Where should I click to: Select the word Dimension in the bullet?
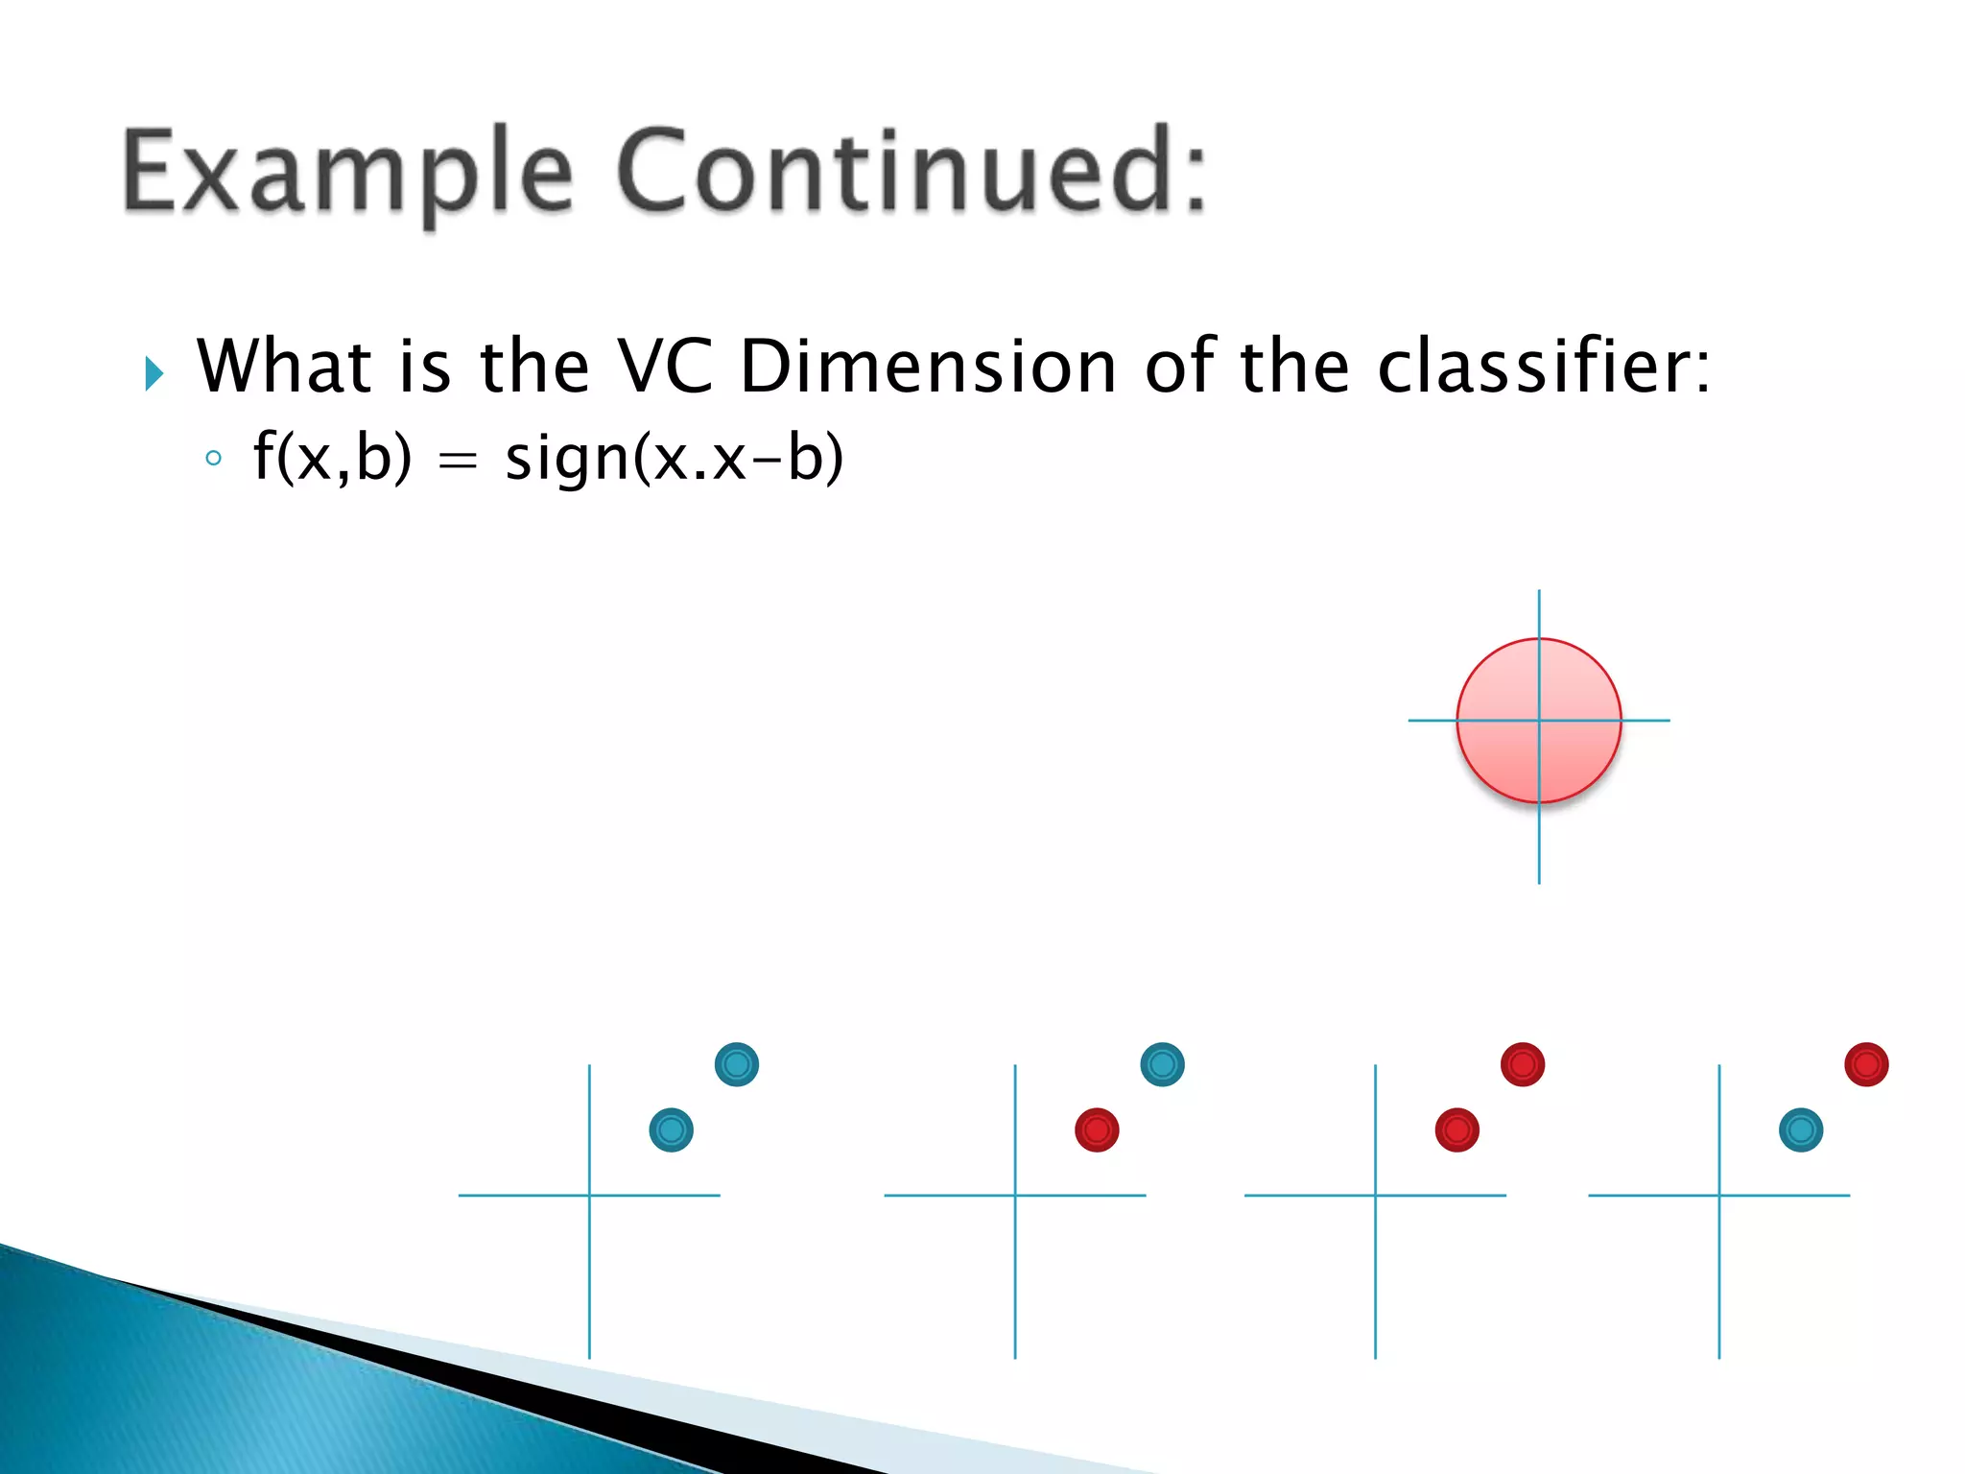pos(929,367)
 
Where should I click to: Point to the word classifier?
pos(1543,367)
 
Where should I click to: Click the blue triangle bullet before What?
pos(154,372)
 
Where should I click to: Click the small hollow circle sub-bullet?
pos(213,459)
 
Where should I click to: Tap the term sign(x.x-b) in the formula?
pos(675,458)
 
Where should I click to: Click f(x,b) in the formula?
pos(332,458)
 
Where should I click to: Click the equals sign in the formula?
pos(458,462)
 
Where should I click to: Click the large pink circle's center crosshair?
pos(1539,720)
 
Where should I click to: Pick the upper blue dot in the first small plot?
pos(737,1064)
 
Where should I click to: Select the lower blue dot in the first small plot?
pos(671,1129)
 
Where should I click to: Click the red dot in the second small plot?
pos(1097,1129)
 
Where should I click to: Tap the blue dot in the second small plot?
pos(1162,1064)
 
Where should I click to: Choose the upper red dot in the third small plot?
pos(1523,1064)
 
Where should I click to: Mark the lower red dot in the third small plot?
pos(1456,1129)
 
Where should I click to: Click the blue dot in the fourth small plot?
pos(1801,1129)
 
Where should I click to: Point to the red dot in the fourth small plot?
pos(1866,1064)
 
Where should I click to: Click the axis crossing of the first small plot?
pos(589,1195)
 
